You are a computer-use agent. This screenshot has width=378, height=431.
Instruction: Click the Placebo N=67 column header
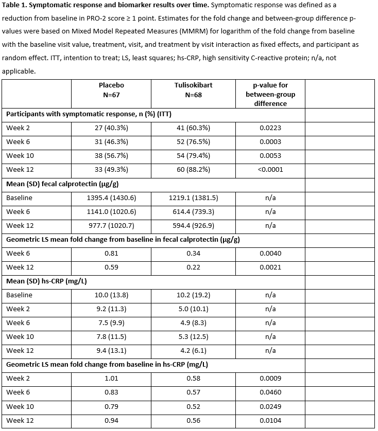pyautogui.click(x=111, y=89)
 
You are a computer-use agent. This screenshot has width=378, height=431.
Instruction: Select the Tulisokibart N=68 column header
pyautogui.click(x=193, y=89)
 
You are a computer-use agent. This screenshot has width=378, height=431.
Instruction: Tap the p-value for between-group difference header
pyautogui.click(x=270, y=94)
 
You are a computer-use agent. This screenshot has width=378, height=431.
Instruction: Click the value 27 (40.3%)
pyautogui.click(x=111, y=128)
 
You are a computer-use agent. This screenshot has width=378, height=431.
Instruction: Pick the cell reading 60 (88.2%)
pyautogui.click(x=193, y=169)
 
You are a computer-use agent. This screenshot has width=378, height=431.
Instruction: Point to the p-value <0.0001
pyautogui.click(x=270, y=169)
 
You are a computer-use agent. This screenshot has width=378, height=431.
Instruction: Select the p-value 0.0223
pyautogui.click(x=270, y=128)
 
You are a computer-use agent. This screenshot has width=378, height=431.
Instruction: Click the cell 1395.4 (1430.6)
pyautogui.click(x=111, y=197)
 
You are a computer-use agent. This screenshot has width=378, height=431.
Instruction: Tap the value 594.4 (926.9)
pyautogui.click(x=193, y=225)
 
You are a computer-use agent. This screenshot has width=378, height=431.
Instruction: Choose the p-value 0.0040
pyautogui.click(x=270, y=253)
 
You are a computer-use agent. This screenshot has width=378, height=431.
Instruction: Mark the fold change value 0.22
pyautogui.click(x=193, y=267)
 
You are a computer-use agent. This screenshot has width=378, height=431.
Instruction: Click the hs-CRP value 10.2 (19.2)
pyautogui.click(x=193, y=295)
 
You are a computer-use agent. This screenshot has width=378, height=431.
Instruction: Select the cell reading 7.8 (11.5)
pyautogui.click(x=111, y=336)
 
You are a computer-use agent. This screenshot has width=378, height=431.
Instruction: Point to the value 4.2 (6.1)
pyautogui.click(x=193, y=350)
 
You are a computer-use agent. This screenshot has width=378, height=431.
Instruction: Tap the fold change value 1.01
pyautogui.click(x=111, y=378)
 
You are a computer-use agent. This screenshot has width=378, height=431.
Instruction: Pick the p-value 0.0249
pyautogui.click(x=270, y=406)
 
